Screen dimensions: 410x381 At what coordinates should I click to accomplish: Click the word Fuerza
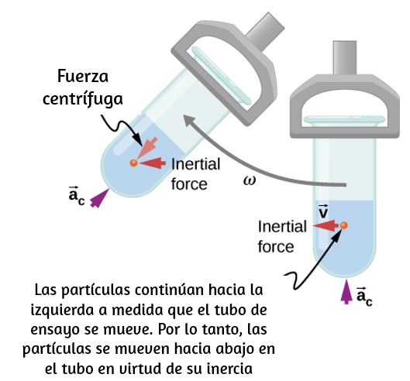tap(83, 77)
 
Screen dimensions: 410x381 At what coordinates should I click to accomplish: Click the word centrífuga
tap(83, 100)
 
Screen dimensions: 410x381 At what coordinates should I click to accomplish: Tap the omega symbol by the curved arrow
tap(250, 180)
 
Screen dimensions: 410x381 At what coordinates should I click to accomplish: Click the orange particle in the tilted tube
tap(133, 163)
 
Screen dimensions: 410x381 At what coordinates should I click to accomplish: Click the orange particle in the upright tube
tap(344, 225)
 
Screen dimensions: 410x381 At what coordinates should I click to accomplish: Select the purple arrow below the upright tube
tap(346, 292)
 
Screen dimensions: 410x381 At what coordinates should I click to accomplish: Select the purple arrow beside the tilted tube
tap(99, 198)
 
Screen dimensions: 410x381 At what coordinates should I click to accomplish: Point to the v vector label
tap(323, 211)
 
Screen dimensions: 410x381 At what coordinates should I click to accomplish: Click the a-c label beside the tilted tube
tap(77, 195)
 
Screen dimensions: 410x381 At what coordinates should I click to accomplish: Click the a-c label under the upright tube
tap(364, 297)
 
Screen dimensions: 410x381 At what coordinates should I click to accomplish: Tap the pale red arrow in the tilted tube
tap(147, 148)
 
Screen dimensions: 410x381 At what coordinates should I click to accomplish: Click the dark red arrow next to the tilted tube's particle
tap(153, 163)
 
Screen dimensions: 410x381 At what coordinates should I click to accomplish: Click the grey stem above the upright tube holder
tap(345, 58)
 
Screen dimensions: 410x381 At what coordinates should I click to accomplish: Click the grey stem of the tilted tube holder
tap(265, 32)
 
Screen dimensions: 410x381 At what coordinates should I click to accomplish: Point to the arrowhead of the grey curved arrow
tap(188, 120)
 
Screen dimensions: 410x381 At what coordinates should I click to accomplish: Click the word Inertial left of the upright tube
tap(282, 226)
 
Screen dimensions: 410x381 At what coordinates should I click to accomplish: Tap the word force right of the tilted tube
tap(189, 184)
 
